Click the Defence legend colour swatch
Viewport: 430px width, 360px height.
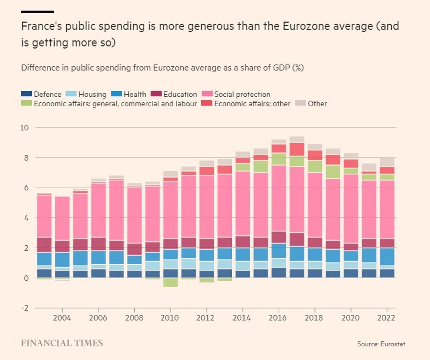click(27, 94)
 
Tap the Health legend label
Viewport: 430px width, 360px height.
click(135, 94)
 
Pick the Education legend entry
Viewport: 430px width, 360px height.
click(180, 94)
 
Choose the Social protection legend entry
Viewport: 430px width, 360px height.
click(242, 94)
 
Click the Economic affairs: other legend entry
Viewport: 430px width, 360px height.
click(252, 104)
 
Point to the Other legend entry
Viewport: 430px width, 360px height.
click(317, 104)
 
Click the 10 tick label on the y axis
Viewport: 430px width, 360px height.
click(25, 128)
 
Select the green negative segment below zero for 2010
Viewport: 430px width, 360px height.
click(170, 282)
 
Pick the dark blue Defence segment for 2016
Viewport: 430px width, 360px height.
click(279, 273)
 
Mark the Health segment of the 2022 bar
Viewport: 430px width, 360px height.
click(387, 257)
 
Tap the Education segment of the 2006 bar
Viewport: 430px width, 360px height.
click(98, 244)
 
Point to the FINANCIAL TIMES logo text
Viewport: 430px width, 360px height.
click(62, 343)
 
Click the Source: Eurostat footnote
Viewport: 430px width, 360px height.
click(381, 344)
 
